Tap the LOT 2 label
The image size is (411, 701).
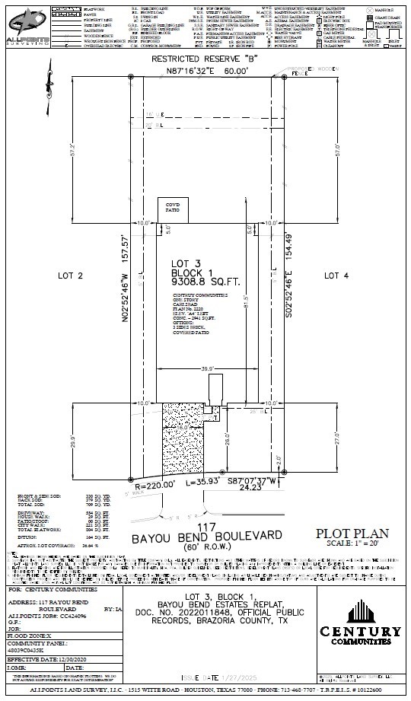click(x=69, y=276)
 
